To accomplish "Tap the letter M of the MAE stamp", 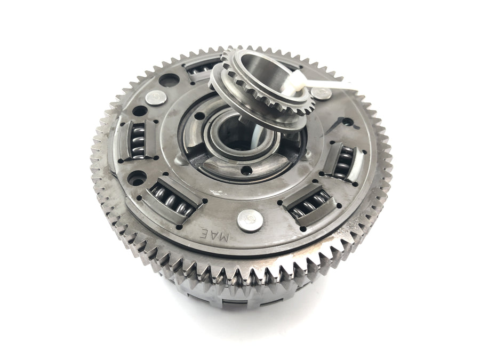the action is click(x=224, y=237).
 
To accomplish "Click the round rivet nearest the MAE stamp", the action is click(x=250, y=221).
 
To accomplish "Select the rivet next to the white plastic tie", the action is click(x=321, y=93).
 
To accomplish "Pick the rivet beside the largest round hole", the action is click(x=156, y=98).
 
